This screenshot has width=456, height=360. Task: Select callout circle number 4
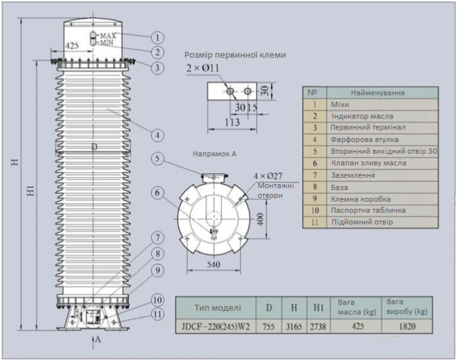tap(157, 135)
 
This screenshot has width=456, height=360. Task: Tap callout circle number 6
tap(157, 192)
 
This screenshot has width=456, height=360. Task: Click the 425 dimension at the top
tap(74, 46)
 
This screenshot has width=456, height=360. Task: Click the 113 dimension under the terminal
tap(231, 121)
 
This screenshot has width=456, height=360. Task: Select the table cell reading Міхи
tap(340, 104)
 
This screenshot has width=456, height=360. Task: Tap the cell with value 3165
tap(294, 327)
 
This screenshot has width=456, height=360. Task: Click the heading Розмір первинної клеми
tap(235, 55)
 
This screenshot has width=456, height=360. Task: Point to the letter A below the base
tap(98, 339)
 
